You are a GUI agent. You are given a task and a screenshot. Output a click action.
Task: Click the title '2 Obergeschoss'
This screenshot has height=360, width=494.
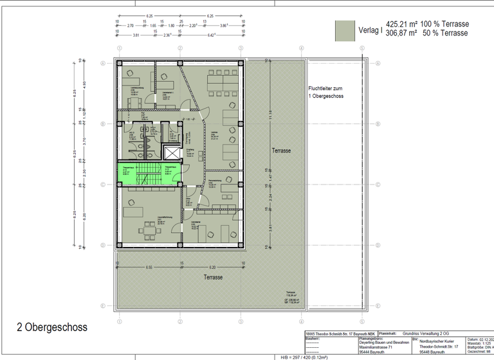click(x=52, y=327)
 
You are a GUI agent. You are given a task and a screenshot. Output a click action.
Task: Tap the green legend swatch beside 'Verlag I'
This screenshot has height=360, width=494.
click(x=345, y=30)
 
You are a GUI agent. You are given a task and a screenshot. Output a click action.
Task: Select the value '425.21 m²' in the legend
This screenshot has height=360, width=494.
click(x=401, y=24)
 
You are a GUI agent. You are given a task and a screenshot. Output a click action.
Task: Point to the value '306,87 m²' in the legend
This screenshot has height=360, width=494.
click(x=401, y=33)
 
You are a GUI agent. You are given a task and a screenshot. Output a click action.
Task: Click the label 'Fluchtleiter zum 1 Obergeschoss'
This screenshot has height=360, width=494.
click(x=326, y=92)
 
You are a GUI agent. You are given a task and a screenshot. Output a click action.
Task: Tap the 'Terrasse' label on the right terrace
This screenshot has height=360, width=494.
click(x=280, y=150)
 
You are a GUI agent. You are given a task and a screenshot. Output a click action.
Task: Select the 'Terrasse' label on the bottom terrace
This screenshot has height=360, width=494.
click(x=214, y=277)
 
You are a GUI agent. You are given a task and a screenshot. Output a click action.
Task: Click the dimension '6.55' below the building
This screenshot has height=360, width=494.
click(x=149, y=267)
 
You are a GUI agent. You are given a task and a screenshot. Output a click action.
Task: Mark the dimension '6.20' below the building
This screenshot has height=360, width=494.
click(x=213, y=267)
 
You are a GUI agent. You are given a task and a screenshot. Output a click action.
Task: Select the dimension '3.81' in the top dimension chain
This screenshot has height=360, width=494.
click(x=136, y=35)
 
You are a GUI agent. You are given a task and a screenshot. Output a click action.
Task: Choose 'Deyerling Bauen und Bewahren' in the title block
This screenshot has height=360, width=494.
click(x=384, y=343)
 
